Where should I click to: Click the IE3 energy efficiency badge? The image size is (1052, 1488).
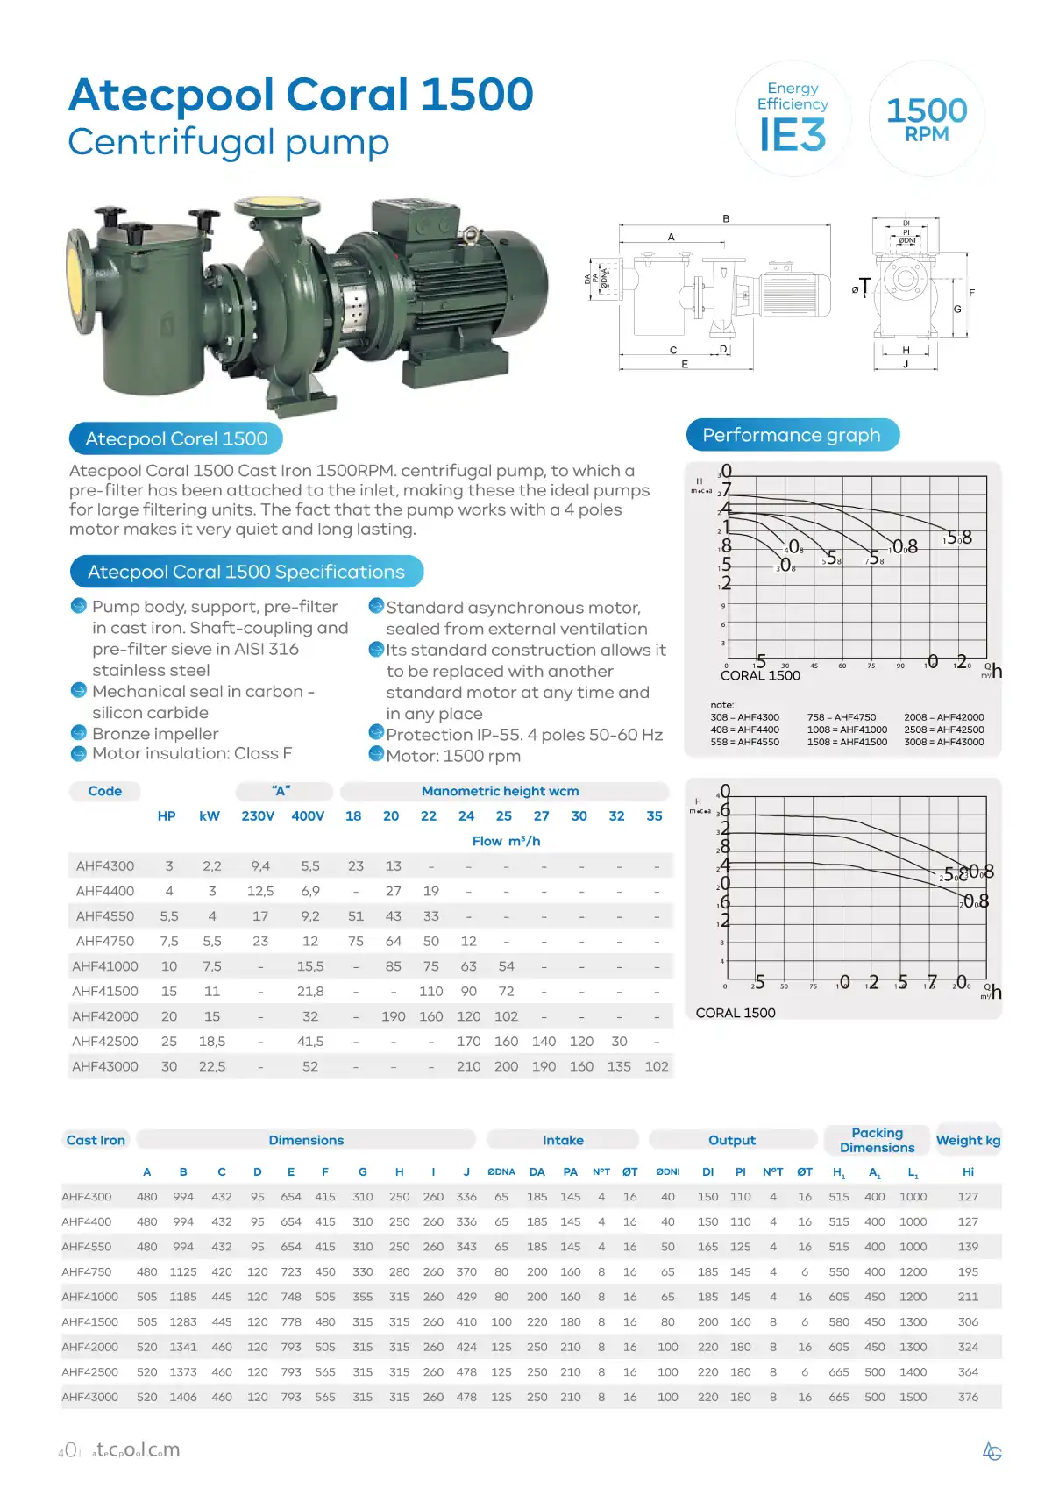[x=793, y=119]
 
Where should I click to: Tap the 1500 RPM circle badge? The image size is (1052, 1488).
[x=927, y=119]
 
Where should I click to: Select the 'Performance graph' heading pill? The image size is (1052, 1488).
[x=792, y=435]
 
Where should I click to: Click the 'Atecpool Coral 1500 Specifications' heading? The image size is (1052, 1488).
[x=246, y=572]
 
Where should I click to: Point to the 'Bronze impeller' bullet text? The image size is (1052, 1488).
[x=155, y=734]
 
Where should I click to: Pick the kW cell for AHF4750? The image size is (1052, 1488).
[x=212, y=941]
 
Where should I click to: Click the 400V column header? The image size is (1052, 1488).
[x=308, y=815]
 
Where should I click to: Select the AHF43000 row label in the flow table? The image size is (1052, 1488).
[x=105, y=1066]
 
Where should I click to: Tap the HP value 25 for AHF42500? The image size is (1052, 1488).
[x=169, y=1042]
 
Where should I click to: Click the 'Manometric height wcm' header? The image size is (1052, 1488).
[x=500, y=791]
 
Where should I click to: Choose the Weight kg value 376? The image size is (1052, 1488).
[x=968, y=1397]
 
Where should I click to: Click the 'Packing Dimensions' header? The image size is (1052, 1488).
[x=877, y=1140]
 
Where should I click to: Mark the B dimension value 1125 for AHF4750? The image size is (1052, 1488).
[x=183, y=1271]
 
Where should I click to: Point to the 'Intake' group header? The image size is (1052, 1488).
[x=563, y=1140]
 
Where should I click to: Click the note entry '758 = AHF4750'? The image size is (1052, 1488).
[x=841, y=717]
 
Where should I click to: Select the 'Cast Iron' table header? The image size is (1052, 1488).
[x=96, y=1140]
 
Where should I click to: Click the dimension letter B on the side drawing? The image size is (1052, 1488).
[x=726, y=218]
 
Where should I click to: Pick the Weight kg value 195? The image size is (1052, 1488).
[x=968, y=1271]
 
